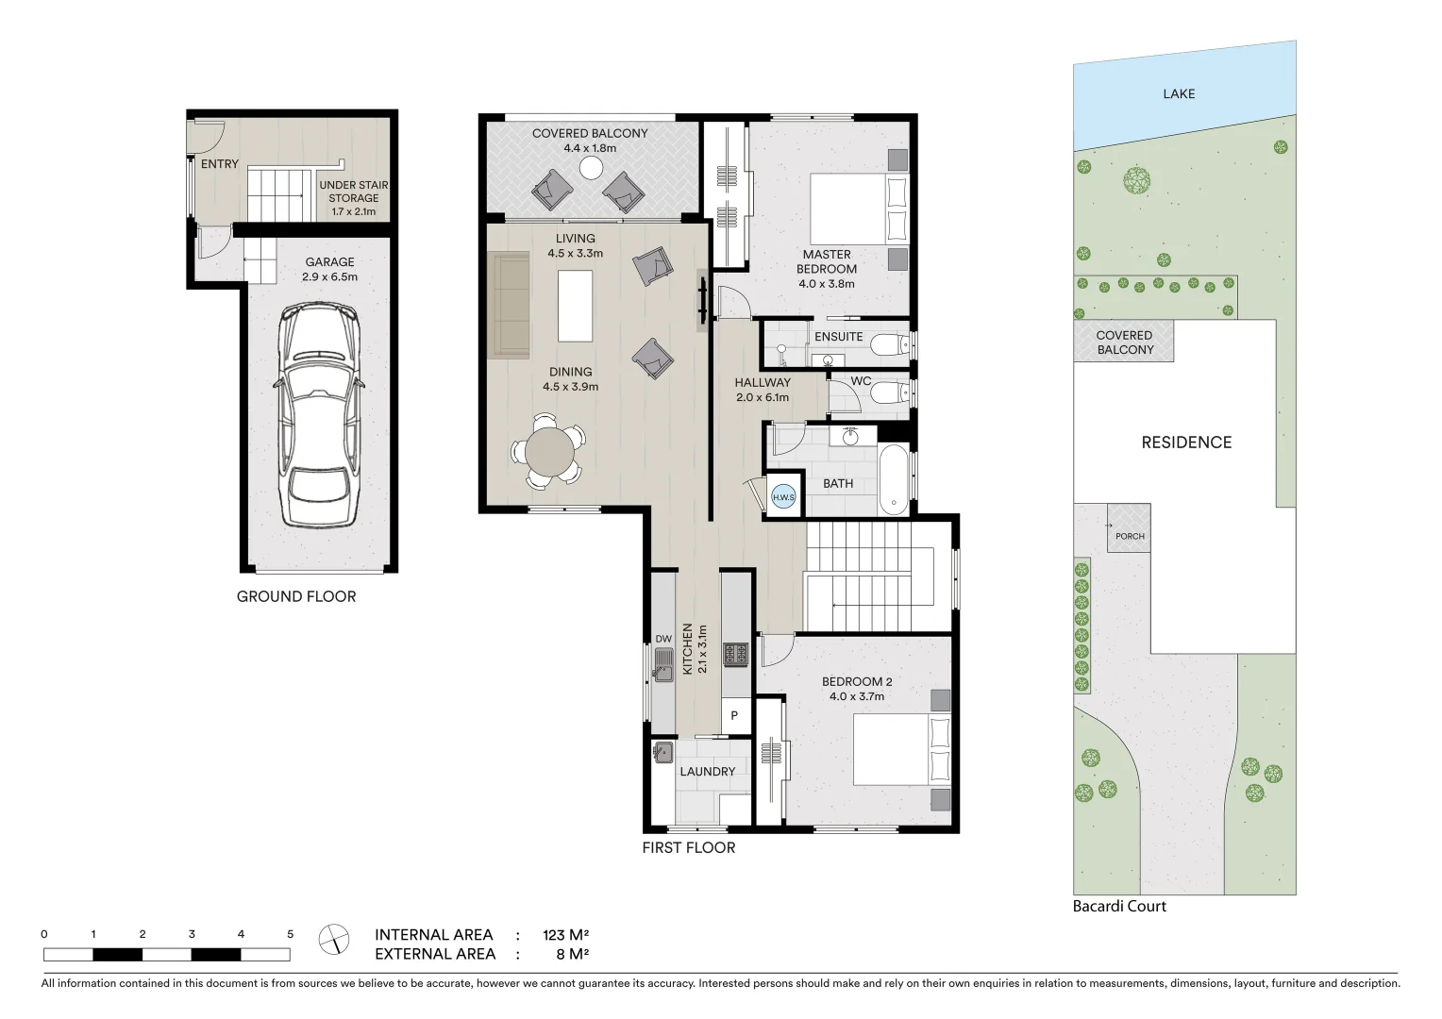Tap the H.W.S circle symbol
click(783, 497)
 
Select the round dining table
click(549, 452)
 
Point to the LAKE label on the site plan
click(1179, 93)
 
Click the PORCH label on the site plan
click(1130, 536)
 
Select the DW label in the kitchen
click(663, 639)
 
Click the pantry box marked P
click(734, 716)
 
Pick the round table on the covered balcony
click(591, 168)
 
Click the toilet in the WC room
click(887, 393)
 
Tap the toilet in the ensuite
click(887, 345)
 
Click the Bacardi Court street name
click(1119, 906)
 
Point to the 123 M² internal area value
click(565, 935)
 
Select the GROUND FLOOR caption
click(296, 596)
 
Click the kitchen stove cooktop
click(735, 653)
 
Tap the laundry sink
click(662, 752)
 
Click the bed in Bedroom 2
click(902, 749)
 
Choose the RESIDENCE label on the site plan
click(1186, 443)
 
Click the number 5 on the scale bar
click(290, 934)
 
